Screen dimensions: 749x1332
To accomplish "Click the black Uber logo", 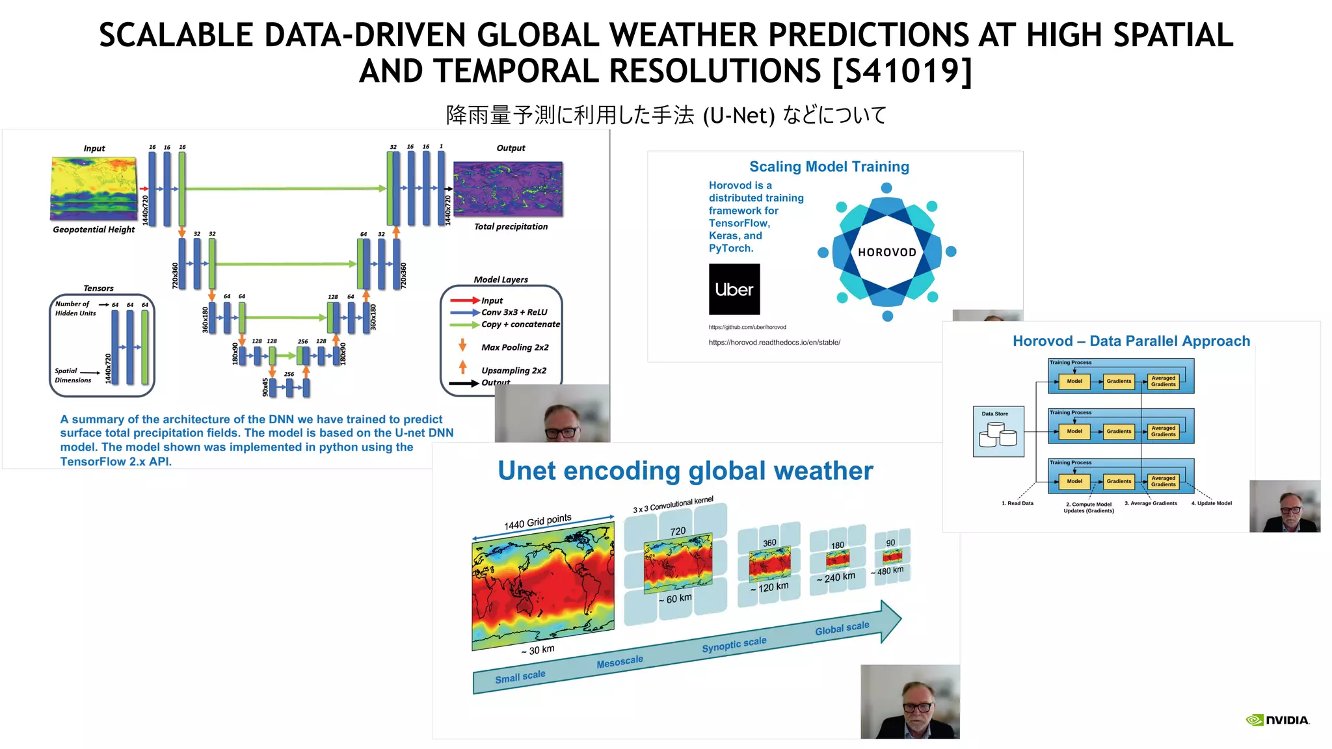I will [734, 289].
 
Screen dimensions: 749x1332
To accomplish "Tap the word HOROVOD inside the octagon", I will [886, 252].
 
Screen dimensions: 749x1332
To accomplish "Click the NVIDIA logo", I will [1277, 720].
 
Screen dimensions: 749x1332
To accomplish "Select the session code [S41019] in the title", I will [902, 71].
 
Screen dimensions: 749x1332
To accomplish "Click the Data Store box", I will [998, 432].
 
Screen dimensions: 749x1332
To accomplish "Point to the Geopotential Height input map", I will [94, 189].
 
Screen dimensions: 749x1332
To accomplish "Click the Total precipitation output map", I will [508, 189].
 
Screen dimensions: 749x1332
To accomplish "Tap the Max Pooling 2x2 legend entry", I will [514, 347].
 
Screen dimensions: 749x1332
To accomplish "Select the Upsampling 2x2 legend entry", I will [513, 371].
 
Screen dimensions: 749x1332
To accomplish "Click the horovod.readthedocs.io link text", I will [774, 343].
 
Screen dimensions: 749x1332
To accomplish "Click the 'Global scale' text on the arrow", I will [842, 628].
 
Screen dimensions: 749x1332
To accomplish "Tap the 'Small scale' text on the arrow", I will [520, 677].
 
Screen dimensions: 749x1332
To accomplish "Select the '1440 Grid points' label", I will [537, 521].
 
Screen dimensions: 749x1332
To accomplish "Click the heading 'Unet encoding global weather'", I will [685, 471].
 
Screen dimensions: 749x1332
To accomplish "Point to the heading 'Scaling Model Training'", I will [829, 166].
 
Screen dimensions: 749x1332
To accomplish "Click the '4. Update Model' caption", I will [1211, 503].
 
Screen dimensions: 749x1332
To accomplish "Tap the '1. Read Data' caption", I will [1017, 503].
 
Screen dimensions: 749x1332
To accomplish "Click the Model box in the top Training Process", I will [1074, 382].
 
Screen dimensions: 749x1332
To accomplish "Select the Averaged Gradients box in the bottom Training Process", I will [1163, 481].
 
